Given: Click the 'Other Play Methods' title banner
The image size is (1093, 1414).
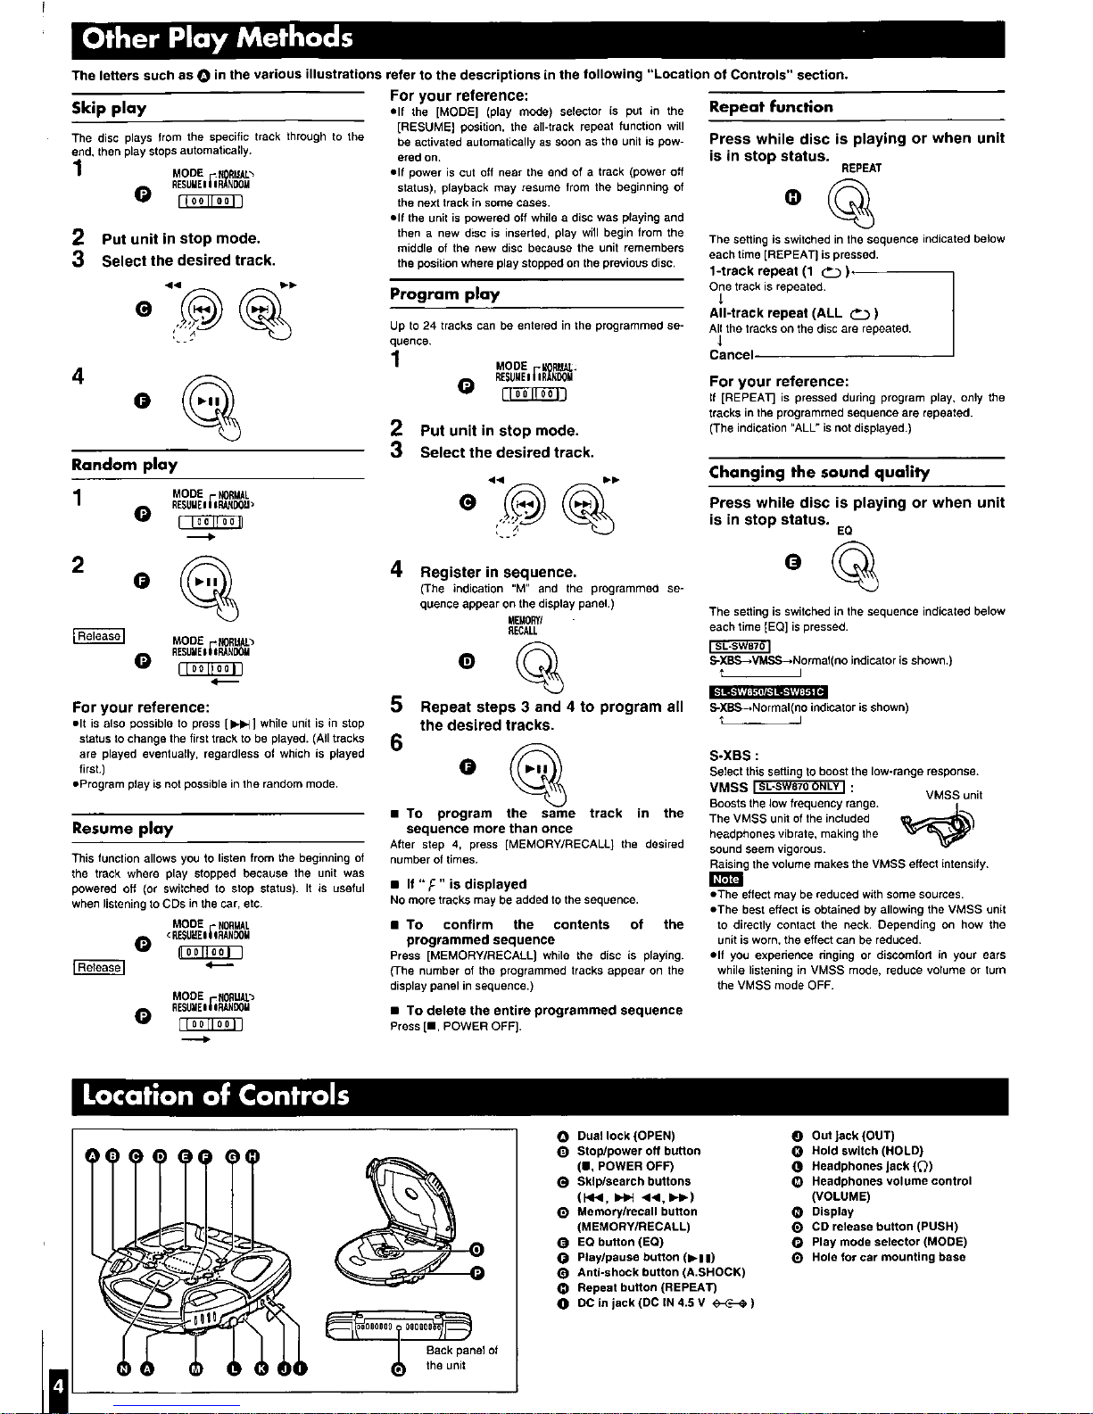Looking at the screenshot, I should [218, 38].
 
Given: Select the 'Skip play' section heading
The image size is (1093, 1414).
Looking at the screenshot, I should [109, 109].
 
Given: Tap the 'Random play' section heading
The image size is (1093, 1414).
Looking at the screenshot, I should [124, 465].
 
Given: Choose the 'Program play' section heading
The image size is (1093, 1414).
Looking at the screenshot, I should [444, 294].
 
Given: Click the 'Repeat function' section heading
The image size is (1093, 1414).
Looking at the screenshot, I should [771, 107].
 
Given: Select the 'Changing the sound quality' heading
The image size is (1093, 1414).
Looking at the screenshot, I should [819, 472].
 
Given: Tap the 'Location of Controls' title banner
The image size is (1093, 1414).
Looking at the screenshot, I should [216, 1095].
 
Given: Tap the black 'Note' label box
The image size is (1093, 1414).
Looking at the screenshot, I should [725, 880].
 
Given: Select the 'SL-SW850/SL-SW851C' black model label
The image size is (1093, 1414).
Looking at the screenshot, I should [767, 691].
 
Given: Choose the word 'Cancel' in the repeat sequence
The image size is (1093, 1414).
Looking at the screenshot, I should [731, 355].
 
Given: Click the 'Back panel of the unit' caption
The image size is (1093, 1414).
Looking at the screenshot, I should [461, 1358].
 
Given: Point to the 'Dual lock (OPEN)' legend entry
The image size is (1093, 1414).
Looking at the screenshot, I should [625, 1136].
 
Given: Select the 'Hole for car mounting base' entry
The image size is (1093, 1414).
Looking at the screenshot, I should [888, 1257].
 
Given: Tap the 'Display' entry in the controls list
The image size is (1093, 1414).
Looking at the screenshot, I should [832, 1211].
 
